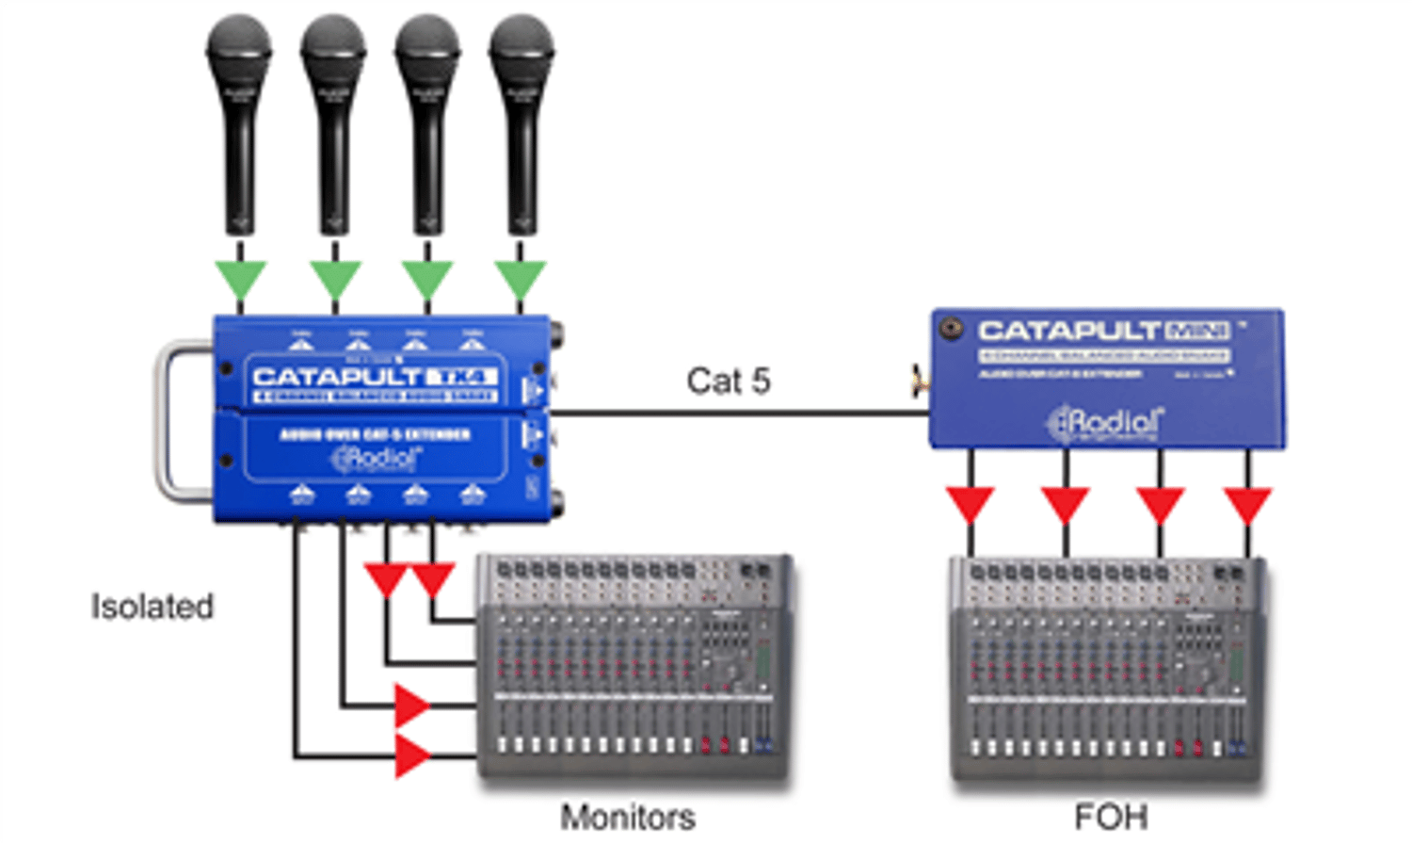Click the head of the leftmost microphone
click(239, 47)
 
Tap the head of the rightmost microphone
click(521, 47)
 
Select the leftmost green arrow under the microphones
click(240, 278)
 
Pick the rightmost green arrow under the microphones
click(520, 278)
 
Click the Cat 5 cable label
click(728, 381)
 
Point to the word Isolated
click(152, 607)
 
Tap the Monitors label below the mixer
click(628, 817)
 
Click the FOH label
click(1111, 817)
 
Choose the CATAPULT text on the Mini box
click(1068, 331)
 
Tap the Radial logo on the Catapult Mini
click(1106, 423)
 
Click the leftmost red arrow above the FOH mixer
click(971, 503)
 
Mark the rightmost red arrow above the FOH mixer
click(1248, 503)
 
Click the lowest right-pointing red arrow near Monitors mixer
click(411, 755)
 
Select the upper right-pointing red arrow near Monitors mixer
click(411, 705)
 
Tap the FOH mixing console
click(1107, 669)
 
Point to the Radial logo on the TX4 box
click(375, 459)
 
